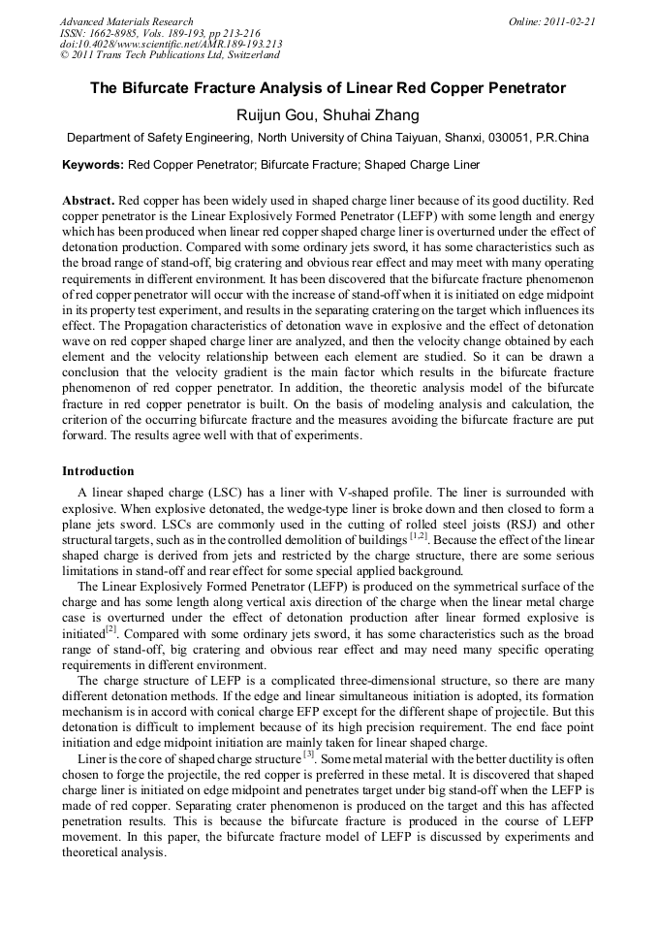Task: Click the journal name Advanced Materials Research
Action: click(x=126, y=21)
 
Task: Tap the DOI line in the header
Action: click(x=171, y=44)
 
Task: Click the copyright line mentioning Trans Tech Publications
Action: click(x=170, y=55)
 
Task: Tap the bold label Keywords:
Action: click(x=93, y=166)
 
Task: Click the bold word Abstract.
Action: click(x=87, y=200)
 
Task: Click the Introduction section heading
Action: click(x=98, y=471)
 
